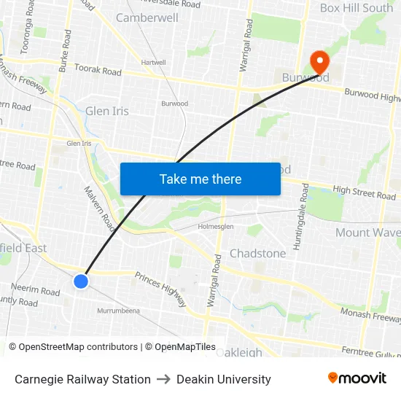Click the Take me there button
[200, 179]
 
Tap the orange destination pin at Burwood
[319, 61]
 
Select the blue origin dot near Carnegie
[81, 281]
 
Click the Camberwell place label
[147, 17]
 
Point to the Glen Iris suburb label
[107, 111]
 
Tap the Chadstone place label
[257, 253]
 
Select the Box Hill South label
[357, 8]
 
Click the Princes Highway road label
[160, 284]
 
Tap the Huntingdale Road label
[297, 217]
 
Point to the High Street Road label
[364, 192]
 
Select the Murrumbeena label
[118, 311]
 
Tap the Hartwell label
[153, 63]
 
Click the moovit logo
[357, 378]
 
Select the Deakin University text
[223, 379]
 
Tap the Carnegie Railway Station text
[82, 379]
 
